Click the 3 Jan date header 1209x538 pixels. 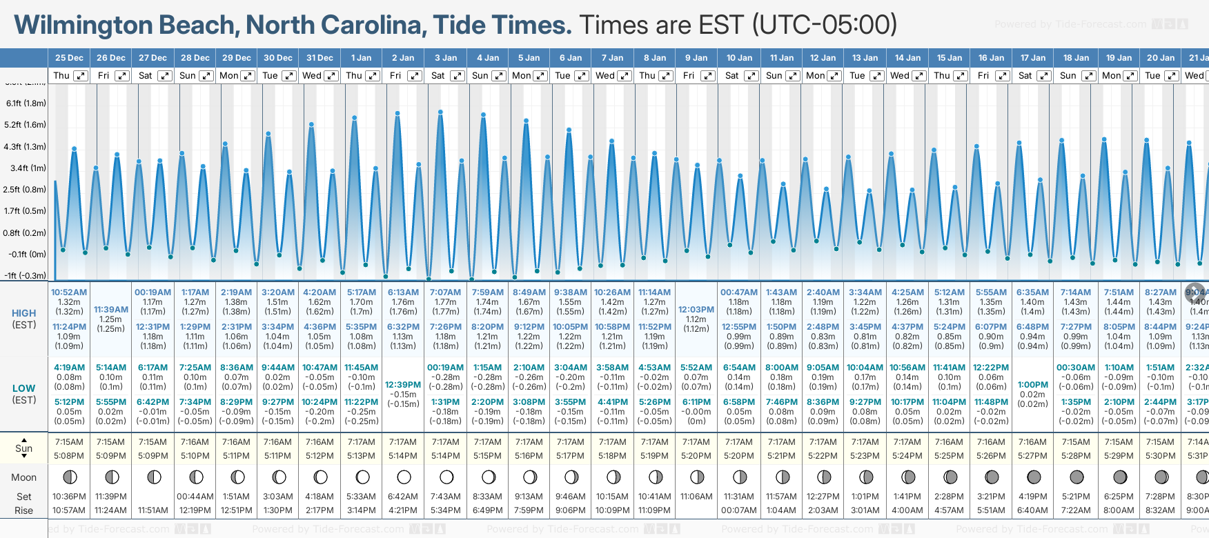coord(445,58)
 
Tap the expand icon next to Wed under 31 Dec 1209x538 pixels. coord(331,76)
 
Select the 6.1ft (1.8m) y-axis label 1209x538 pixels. coord(26,103)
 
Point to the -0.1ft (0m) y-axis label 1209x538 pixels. coord(28,255)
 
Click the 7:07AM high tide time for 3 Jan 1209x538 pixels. coord(445,292)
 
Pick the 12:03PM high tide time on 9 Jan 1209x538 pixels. coord(696,310)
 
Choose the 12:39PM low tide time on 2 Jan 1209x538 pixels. coord(403,385)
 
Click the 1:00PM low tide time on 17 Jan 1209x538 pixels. coord(1033,385)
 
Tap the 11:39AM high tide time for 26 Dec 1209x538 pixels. coord(111,310)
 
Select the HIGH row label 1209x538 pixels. coord(24,313)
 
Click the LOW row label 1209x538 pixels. coord(24,388)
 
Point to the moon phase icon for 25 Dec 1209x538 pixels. coord(70,477)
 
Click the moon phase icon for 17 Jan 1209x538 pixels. coord(1034,477)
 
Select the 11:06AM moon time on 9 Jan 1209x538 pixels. coord(696,497)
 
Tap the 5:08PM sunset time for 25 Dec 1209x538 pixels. coord(69,456)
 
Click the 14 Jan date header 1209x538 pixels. coord(907,58)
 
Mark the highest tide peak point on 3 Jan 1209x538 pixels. coord(440,112)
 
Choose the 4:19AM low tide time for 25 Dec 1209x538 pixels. coord(69,368)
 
